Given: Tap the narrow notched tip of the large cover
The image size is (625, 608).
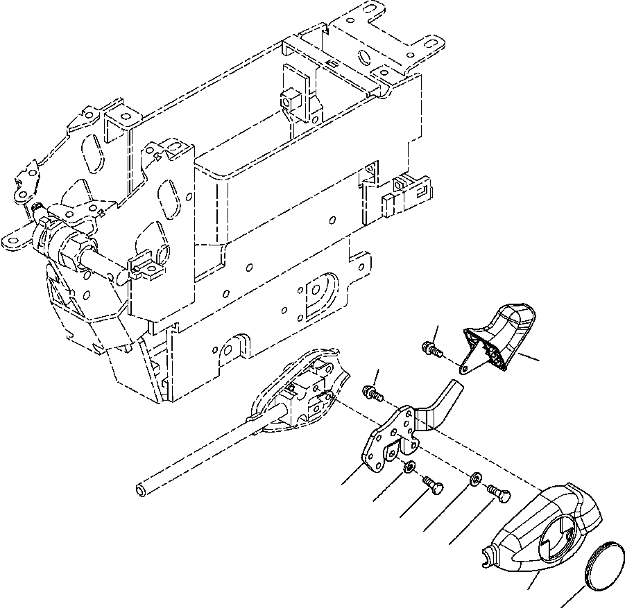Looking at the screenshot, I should (489, 553).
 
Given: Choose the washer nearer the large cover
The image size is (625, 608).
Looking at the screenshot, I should (475, 478).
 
